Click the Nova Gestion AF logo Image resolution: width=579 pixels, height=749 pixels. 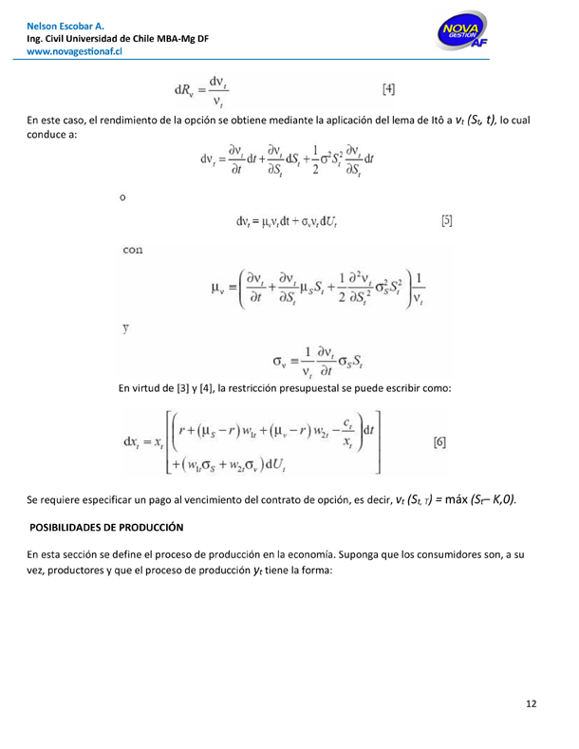[x=462, y=34]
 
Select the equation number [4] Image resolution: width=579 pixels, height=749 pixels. [x=389, y=90]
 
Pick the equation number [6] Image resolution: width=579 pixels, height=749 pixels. [x=440, y=442]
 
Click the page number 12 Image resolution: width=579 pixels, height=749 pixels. [x=532, y=703]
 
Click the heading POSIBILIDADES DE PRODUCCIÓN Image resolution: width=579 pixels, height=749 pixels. [x=106, y=526]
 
